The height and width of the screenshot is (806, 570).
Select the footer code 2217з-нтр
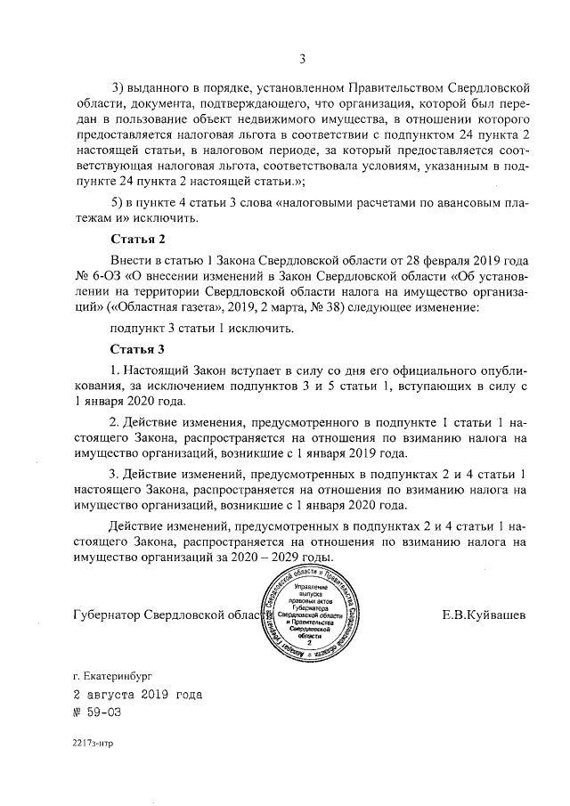[94, 741]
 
